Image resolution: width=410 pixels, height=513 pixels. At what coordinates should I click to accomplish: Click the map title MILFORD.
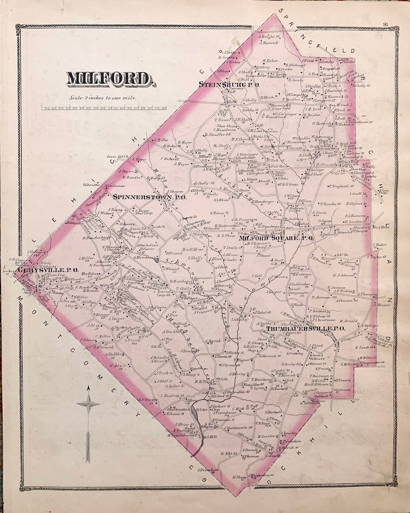click(x=110, y=79)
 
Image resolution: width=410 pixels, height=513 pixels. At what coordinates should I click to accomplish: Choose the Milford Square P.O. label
click(x=276, y=238)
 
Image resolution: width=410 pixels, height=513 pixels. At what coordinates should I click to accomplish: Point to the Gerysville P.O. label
click(x=48, y=269)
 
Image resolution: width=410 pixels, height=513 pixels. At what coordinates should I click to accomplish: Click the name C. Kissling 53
click(x=172, y=395)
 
